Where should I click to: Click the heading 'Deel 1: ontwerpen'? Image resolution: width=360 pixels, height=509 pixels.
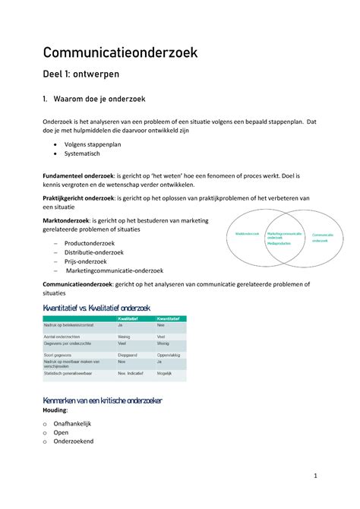[x=81, y=75]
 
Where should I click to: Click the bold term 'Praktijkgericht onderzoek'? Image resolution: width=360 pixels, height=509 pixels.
[x=79, y=198]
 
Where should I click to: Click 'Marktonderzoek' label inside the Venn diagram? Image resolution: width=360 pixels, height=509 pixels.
[x=247, y=233]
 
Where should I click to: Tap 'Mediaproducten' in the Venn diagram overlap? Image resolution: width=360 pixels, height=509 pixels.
[x=281, y=244]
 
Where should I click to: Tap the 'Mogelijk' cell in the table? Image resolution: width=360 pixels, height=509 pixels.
[x=165, y=375]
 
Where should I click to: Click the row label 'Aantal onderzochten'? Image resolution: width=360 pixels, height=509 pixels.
[x=62, y=336]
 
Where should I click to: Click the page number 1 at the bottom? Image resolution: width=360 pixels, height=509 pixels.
[x=314, y=476]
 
